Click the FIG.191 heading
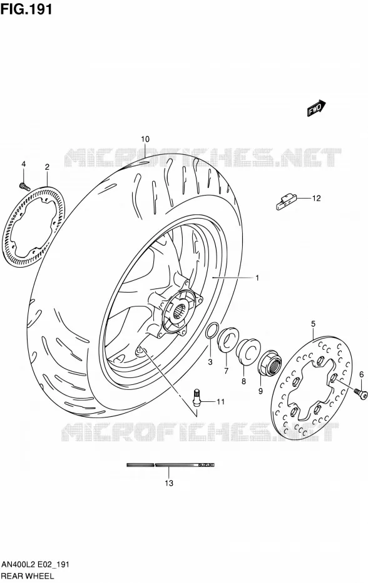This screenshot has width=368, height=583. [x=26, y=9]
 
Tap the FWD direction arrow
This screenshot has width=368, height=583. [x=317, y=108]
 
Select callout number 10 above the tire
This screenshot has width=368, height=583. [x=145, y=139]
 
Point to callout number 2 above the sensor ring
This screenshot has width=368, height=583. [x=47, y=167]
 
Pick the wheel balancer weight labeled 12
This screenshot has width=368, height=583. [x=285, y=201]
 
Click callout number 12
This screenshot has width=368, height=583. [x=316, y=198]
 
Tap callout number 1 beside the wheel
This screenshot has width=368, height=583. [x=257, y=278]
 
